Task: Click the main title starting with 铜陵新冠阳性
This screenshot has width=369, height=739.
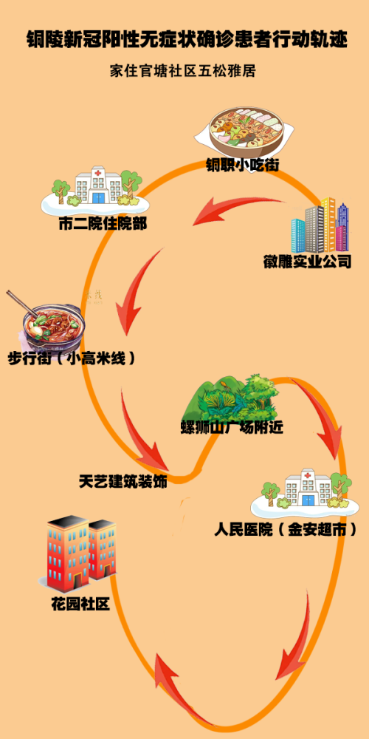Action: [x=187, y=40]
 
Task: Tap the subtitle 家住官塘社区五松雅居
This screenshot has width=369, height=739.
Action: [x=182, y=72]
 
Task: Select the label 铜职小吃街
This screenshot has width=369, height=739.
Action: [x=242, y=166]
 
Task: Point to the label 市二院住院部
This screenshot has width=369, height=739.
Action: [x=103, y=223]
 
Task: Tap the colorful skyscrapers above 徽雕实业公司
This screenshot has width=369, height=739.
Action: [x=320, y=225]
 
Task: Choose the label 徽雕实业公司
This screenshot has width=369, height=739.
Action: [x=307, y=262]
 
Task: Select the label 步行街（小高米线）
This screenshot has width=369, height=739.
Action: [x=72, y=358]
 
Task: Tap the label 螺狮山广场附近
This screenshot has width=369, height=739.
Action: [x=232, y=428]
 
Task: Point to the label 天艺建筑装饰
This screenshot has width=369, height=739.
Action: [x=123, y=482]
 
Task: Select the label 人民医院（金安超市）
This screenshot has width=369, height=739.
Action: [x=285, y=530]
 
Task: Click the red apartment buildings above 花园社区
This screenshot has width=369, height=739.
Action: [x=81, y=554]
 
